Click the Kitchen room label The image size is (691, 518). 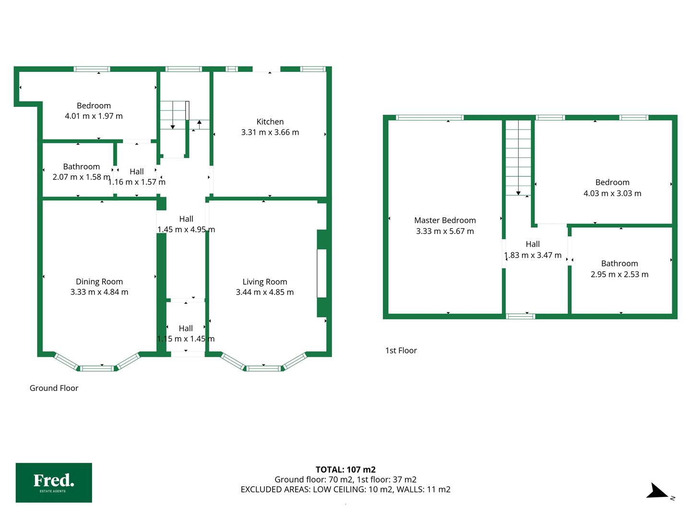pyautogui.click(x=270, y=122)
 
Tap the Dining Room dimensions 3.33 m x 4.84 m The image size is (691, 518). pyautogui.click(x=99, y=292)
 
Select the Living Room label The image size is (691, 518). pyautogui.click(x=265, y=282)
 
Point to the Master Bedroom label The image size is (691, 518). pyautogui.click(x=445, y=220)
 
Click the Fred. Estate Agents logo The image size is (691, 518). pyautogui.click(x=54, y=483)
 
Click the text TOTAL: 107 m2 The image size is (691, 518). pyautogui.click(x=345, y=470)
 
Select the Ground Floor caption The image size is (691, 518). pyautogui.click(x=54, y=388)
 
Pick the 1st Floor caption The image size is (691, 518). pyautogui.click(x=401, y=350)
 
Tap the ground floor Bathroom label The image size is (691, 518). pyautogui.click(x=81, y=166)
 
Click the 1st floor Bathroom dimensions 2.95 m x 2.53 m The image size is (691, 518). pyautogui.click(x=619, y=274)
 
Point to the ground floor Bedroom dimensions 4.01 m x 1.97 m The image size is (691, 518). pyautogui.click(x=94, y=116)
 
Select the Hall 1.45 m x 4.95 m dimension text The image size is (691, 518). pyautogui.click(x=186, y=229)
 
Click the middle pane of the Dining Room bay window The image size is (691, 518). pyautogui.click(x=96, y=368)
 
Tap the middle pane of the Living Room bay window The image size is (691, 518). pyautogui.click(x=263, y=368)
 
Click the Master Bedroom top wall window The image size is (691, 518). pyautogui.click(x=429, y=118)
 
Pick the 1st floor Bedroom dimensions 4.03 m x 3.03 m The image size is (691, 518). pyautogui.click(x=612, y=193)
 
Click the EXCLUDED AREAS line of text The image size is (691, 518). pyautogui.click(x=345, y=489)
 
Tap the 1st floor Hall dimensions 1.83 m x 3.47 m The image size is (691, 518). pyautogui.click(x=533, y=255)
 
